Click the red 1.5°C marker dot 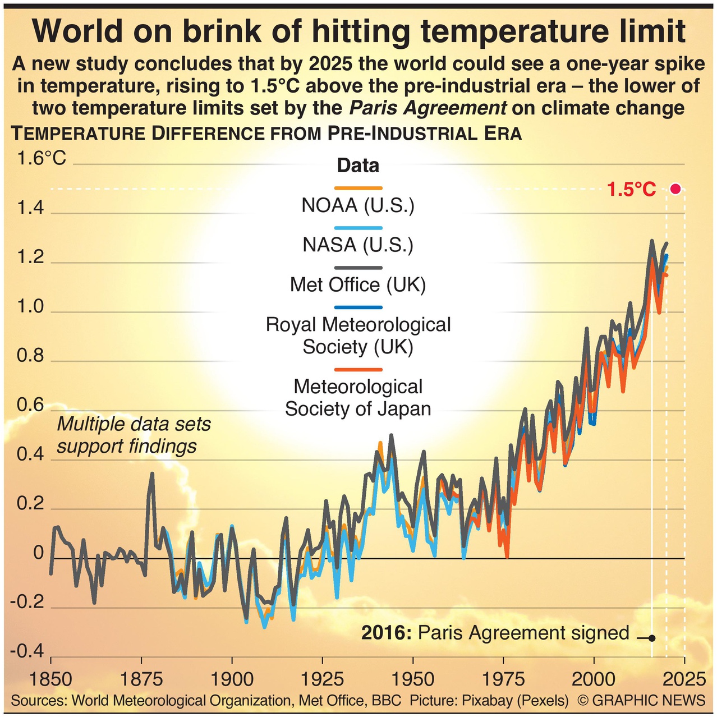pos(675,189)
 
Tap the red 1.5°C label pos(631,190)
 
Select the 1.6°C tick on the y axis pos(42,158)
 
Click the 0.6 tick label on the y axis pos(30,405)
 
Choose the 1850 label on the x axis pos(50,679)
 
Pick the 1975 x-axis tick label pos(503,679)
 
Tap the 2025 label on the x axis pos(684,679)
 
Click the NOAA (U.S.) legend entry pos(358,205)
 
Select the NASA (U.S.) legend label pos(358,245)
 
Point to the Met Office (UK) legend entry pos(358,285)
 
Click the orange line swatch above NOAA pos(358,188)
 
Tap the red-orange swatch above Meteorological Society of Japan pos(358,370)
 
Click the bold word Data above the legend pos(358,166)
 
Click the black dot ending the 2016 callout pos(651,638)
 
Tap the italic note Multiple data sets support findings pos(134,435)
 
